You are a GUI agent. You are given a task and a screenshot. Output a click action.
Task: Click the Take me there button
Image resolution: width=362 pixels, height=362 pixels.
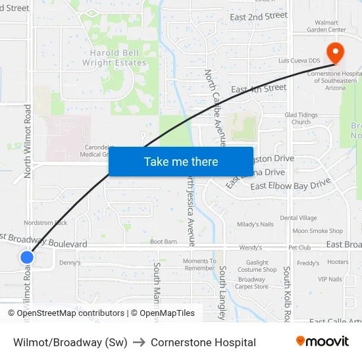tap(180, 161)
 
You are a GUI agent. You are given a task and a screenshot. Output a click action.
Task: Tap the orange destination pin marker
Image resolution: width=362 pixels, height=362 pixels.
tap(334, 53)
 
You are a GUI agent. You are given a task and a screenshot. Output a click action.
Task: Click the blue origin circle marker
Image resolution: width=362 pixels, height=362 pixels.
tap(27, 257)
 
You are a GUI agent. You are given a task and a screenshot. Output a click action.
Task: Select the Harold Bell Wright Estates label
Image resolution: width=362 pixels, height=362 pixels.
tap(114, 58)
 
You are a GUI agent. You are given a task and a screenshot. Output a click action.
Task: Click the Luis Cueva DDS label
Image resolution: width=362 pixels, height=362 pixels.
tap(298, 61)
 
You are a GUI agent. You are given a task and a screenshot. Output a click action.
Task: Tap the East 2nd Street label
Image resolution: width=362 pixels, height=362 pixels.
tap(259, 16)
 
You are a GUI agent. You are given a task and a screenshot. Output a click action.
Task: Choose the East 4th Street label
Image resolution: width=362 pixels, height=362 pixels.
tap(259, 88)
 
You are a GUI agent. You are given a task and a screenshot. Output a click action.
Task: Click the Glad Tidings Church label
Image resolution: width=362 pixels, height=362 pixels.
tap(301, 118)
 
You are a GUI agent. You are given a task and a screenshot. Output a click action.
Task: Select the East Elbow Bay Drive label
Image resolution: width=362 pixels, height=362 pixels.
tap(290, 186)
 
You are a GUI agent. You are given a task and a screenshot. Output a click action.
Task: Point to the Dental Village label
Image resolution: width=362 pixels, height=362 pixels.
tap(298, 218)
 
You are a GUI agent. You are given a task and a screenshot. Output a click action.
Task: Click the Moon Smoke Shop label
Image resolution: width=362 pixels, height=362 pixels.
tap(317, 231)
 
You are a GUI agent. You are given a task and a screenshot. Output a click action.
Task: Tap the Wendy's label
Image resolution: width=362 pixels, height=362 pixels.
tap(250, 247)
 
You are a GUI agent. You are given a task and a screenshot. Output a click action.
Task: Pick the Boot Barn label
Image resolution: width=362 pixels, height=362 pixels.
tap(163, 242)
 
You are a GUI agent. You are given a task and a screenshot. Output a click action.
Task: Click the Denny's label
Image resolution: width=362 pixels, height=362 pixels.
tap(69, 263)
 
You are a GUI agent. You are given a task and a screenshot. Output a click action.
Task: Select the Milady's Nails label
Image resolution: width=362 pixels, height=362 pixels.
tap(255, 224)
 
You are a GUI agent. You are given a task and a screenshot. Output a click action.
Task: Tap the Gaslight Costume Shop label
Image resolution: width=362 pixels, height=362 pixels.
tap(257, 265)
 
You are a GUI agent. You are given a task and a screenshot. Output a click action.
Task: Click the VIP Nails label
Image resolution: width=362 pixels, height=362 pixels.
tap(330, 279)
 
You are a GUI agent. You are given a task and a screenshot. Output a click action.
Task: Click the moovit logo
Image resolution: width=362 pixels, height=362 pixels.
tap(322, 342)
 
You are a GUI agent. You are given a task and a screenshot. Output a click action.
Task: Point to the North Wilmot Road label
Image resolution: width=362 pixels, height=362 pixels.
tap(28, 141)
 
